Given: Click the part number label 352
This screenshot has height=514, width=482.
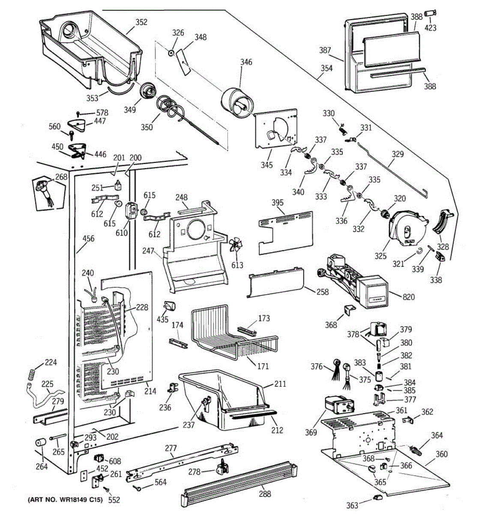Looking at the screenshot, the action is (141, 22).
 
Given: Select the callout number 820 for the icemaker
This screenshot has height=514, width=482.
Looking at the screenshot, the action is (408, 297).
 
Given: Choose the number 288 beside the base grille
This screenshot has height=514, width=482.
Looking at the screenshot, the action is (265, 494).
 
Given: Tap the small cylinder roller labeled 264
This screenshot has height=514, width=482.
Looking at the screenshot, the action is (40, 442).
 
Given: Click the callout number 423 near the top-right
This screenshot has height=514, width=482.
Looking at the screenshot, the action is (431, 28).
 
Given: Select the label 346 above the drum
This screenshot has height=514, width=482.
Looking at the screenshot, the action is (246, 62).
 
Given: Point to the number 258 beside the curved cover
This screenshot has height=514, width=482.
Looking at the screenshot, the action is (323, 292).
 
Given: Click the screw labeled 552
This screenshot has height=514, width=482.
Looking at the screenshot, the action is (106, 489).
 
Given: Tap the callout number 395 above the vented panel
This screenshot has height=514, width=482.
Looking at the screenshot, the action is (277, 203).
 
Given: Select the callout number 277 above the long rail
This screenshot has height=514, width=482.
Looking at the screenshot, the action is (171, 448).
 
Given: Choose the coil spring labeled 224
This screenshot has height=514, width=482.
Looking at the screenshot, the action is (31, 374).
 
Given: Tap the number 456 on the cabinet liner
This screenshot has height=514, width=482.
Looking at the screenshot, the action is (88, 238).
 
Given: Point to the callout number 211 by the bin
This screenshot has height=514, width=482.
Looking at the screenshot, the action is (280, 384).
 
